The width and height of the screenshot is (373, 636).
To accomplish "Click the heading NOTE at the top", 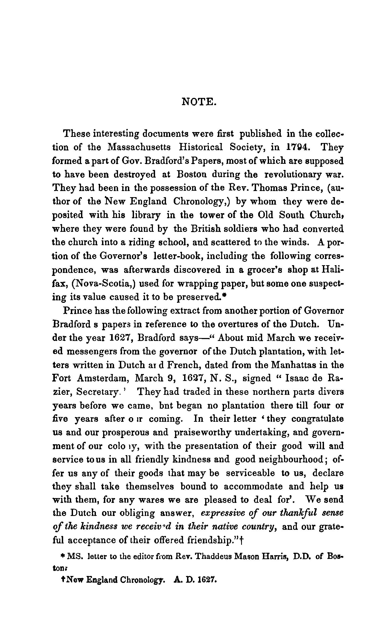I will [198, 102].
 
